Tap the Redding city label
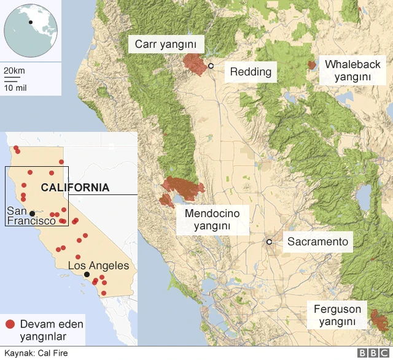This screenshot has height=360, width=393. point(251,72)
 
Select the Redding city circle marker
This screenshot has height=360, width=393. point(211,66)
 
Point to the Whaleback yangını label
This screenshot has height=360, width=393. point(352,71)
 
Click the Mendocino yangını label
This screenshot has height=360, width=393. point(212,220)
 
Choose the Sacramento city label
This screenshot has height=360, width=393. point(317,242)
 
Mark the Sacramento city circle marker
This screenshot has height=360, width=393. point(269,242)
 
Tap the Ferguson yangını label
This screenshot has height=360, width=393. point(337,315)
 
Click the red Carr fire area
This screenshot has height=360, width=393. point(195,64)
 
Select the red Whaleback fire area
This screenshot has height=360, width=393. point(312,64)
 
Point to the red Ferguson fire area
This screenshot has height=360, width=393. point(378,320)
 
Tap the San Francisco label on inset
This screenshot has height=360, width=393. point(31,216)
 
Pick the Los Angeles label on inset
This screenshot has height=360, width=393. point(98,266)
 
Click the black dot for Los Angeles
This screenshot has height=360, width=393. point(87,275)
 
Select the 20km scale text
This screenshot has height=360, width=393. point(14,71)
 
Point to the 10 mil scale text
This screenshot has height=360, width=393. point(15,87)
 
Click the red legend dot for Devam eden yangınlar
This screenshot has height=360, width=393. point(10,324)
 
